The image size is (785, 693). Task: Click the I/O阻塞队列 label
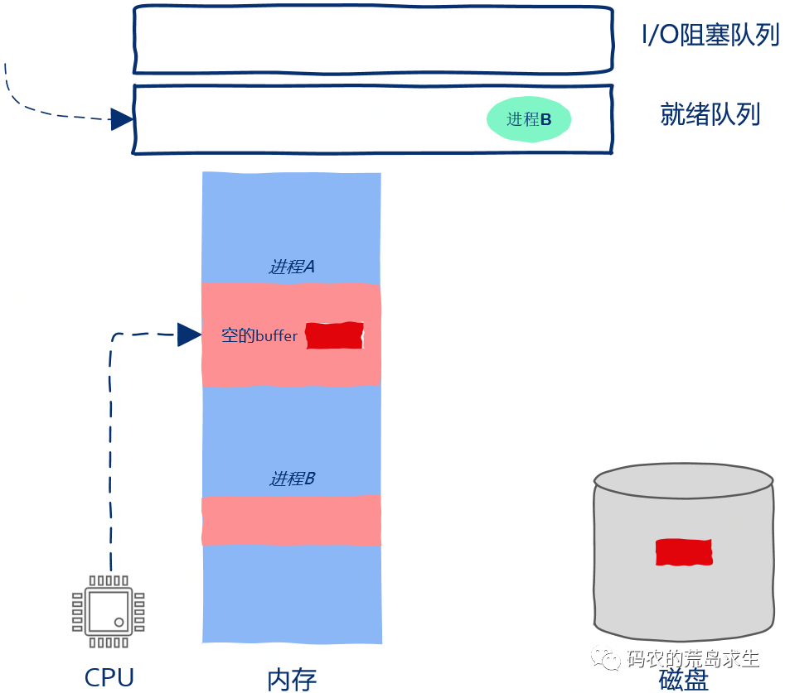[710, 35]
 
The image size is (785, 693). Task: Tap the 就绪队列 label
[710, 114]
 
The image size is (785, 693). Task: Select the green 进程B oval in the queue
[529, 119]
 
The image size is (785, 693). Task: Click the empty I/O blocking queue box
[373, 40]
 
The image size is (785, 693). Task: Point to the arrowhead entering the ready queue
[122, 119]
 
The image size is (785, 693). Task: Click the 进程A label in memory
[291, 267]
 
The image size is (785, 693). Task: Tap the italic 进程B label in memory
[291, 479]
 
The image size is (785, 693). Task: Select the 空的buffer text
[259, 336]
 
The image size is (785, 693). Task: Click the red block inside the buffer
[335, 335]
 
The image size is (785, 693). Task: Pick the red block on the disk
[683, 551]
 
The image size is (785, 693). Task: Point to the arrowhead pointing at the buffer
[189, 334]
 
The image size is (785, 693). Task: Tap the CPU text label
[109, 678]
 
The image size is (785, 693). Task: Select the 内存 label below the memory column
[291, 680]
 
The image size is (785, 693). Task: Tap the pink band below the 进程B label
[291, 520]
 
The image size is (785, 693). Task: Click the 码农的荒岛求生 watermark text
[693, 659]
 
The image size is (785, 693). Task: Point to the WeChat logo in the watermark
[605, 659]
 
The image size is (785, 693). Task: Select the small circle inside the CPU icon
[120, 621]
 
